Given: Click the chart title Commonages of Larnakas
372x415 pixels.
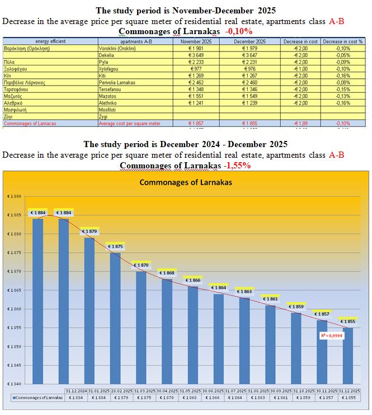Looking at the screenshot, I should coord(185,182).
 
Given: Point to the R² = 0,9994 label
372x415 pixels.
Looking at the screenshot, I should coord(332,336).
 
